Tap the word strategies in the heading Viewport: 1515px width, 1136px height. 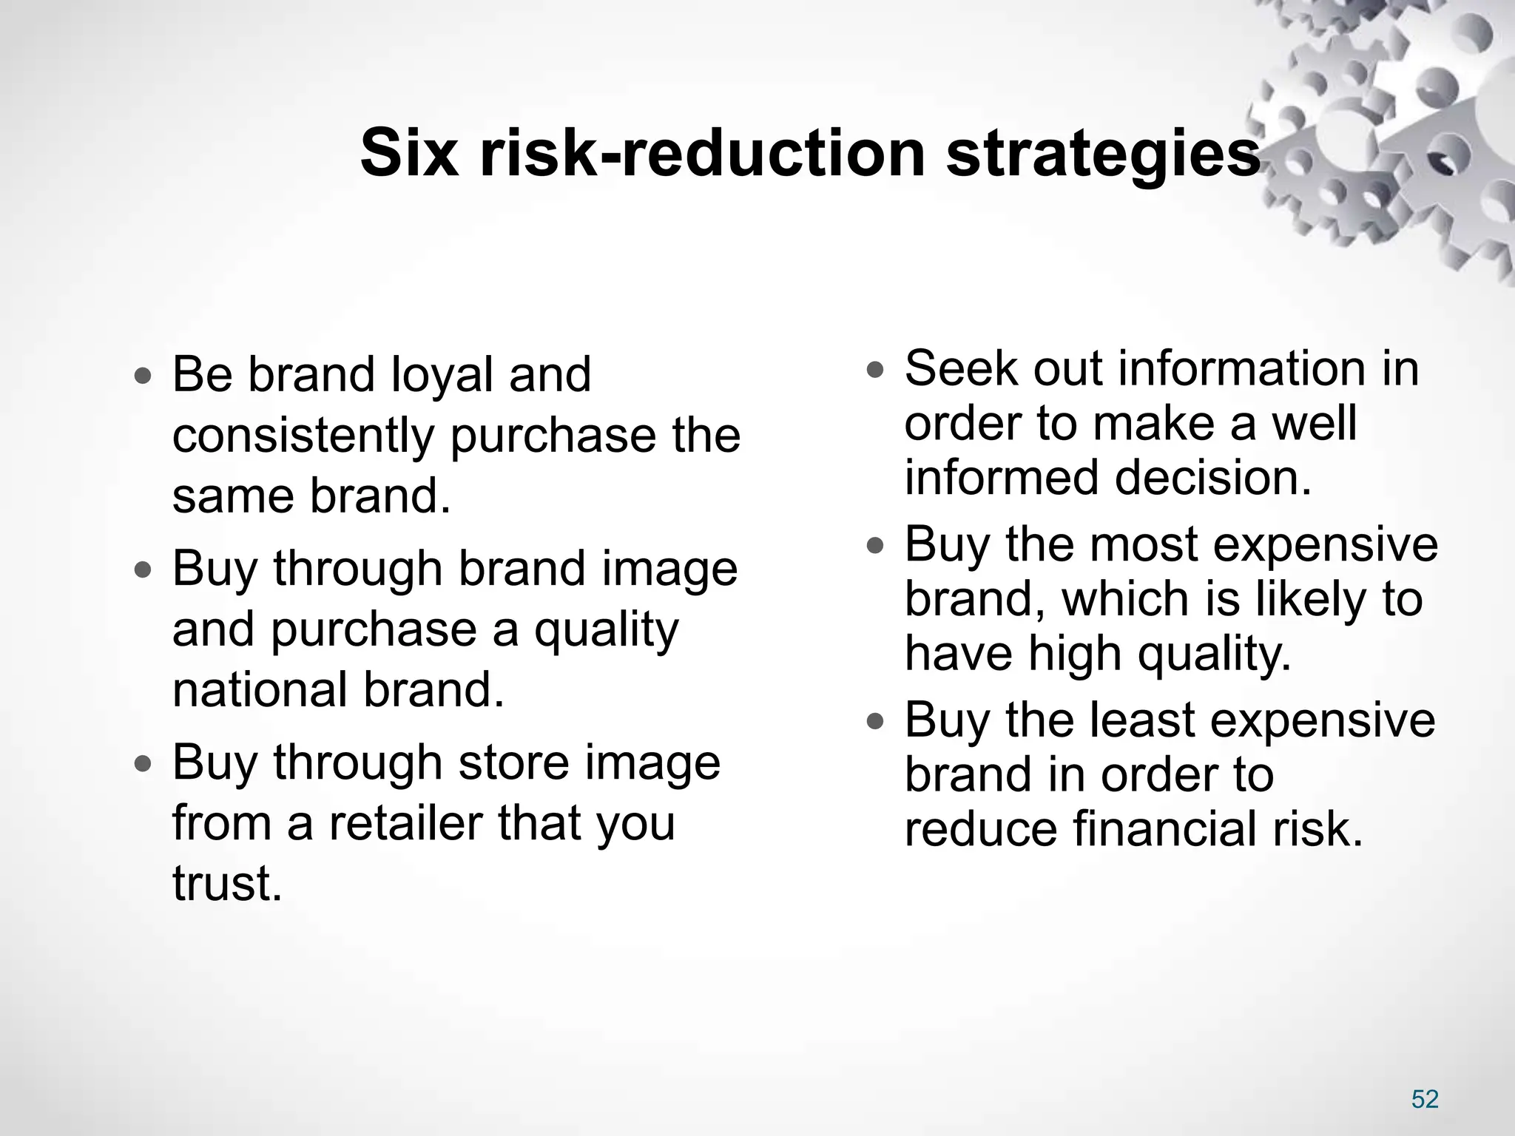point(1104,154)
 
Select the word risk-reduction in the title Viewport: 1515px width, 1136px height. point(702,154)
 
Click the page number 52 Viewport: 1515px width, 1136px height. point(1425,1099)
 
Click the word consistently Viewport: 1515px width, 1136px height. point(303,436)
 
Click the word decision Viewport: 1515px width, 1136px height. point(1212,479)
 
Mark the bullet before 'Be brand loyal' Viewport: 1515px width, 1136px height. point(144,376)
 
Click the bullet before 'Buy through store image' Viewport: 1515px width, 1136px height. point(144,764)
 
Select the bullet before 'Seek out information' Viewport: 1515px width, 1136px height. point(875,370)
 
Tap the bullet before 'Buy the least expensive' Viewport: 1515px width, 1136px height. point(875,721)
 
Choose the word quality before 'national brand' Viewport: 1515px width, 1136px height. point(606,630)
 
